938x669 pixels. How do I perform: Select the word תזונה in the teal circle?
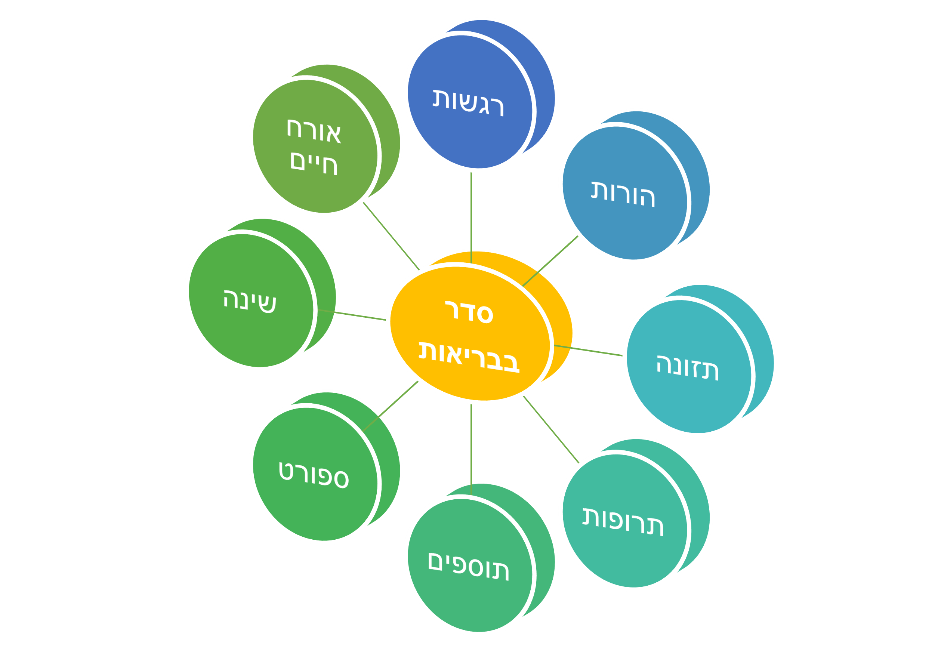point(687,367)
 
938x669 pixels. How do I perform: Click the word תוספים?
point(468,567)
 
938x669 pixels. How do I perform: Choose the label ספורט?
point(314,475)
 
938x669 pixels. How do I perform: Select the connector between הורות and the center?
point(550,261)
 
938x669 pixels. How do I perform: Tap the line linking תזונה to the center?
point(588,351)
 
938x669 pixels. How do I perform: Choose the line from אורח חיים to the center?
point(391,237)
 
